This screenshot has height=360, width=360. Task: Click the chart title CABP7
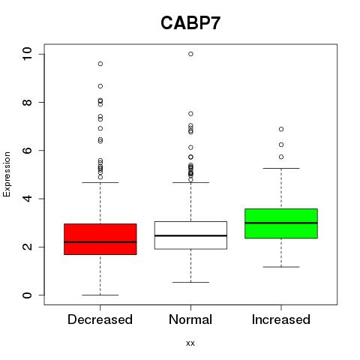tap(190, 23)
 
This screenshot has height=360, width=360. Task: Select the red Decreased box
tap(100, 239)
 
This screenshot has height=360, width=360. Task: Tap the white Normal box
tap(190, 235)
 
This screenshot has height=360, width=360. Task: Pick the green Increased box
tap(281, 223)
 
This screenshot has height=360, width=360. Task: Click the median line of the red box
tap(100, 242)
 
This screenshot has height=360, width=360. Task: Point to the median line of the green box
tap(281, 223)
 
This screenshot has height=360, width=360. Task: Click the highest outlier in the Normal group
tap(190, 54)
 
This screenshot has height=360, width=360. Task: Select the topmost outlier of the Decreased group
tap(100, 64)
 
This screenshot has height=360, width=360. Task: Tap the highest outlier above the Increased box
tap(281, 129)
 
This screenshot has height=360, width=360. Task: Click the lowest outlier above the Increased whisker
tap(281, 157)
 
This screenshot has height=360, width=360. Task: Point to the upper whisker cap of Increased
tap(281, 168)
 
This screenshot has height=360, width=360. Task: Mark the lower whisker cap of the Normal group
tap(190, 282)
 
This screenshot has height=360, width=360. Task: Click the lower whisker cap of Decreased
tap(100, 295)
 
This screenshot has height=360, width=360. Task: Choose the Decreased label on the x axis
tap(100, 319)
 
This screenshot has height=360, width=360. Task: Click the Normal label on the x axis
tap(190, 319)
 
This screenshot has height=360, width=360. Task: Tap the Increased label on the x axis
tap(281, 319)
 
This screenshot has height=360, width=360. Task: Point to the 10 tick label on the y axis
tap(27, 54)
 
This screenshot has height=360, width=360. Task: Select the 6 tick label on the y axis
tap(27, 151)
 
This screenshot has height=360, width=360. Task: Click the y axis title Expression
tap(7, 174)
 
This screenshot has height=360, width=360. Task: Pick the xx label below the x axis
tap(190, 343)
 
